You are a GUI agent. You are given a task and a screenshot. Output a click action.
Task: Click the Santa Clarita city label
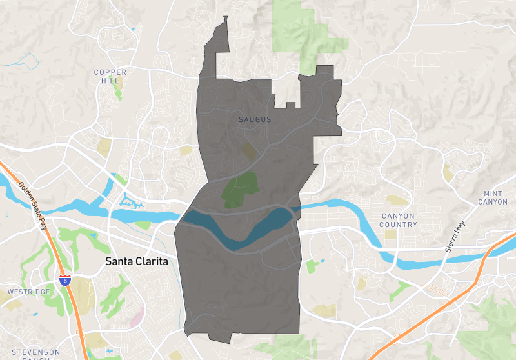point(136,262)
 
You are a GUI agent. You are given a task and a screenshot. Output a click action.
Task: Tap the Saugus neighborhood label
point(255,120)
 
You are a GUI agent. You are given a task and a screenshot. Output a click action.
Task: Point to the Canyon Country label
point(399,220)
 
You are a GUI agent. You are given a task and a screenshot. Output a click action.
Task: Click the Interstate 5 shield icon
point(64,281)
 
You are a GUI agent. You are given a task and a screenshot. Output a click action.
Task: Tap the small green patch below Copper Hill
point(118,94)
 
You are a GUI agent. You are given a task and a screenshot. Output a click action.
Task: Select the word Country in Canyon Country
point(399,225)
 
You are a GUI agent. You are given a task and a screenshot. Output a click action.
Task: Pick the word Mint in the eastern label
point(493,194)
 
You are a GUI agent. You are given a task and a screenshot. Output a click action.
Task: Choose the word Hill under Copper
point(110,81)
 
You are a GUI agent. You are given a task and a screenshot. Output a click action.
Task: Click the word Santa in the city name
point(118,262)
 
